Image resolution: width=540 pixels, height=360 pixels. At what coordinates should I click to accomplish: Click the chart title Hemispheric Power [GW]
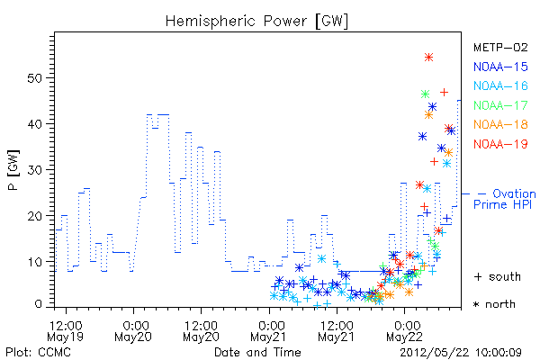256,22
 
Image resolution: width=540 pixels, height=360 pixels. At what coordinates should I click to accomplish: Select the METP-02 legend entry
500,47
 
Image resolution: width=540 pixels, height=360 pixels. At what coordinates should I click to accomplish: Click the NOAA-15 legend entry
500,67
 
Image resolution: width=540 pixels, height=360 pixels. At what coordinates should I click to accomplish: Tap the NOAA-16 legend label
500,85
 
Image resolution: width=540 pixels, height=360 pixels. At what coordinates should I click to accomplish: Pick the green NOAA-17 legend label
500,105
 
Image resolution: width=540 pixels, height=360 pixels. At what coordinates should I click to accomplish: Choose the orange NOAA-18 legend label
500,124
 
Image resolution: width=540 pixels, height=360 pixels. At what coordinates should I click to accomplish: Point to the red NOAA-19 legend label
500,144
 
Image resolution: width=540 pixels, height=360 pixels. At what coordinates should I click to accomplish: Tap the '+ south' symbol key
498,276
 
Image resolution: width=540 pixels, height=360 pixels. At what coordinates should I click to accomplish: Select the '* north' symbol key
494,304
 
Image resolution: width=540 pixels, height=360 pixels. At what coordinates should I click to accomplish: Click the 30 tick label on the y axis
34,170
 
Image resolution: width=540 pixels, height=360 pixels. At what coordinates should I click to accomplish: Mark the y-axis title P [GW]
13,170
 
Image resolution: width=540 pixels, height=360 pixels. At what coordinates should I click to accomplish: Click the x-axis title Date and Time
257,353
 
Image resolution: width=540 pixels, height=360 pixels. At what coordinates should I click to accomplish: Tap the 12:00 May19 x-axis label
66,331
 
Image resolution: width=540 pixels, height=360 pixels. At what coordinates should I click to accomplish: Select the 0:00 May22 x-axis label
404,331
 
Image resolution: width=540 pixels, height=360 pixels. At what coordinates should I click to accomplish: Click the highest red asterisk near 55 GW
428,58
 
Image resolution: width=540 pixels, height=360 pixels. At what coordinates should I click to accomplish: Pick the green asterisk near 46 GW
425,94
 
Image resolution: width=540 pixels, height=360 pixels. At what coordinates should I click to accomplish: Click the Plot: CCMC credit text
38,353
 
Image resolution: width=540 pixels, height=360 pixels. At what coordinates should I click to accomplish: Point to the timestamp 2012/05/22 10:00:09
461,353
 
